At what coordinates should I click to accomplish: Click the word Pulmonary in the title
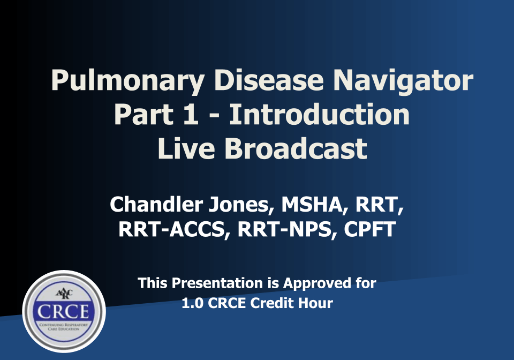pyautogui.click(x=128, y=81)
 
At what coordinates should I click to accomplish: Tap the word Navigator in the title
pyautogui.click(x=403, y=81)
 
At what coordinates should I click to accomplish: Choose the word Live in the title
pyautogui.click(x=186, y=148)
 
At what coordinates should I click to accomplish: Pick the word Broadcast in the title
pyautogui.click(x=296, y=148)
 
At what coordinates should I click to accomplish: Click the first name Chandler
pyautogui.click(x=156, y=204)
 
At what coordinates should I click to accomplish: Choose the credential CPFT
pyautogui.click(x=370, y=229)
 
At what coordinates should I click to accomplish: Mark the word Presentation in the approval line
pyautogui.click(x=217, y=283)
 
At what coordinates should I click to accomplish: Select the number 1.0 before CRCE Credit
pyautogui.click(x=192, y=303)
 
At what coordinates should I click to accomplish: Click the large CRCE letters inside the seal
pyautogui.click(x=63, y=311)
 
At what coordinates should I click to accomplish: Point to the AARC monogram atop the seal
pyautogui.click(x=64, y=294)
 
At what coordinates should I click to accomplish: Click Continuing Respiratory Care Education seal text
pyautogui.click(x=64, y=327)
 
